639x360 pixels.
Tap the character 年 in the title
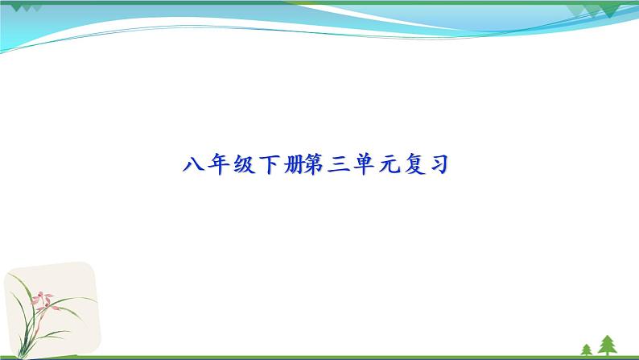click(x=217, y=166)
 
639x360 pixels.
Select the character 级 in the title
click(x=243, y=166)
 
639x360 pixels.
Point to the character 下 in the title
click(x=268, y=166)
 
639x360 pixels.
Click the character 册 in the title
click(x=293, y=166)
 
